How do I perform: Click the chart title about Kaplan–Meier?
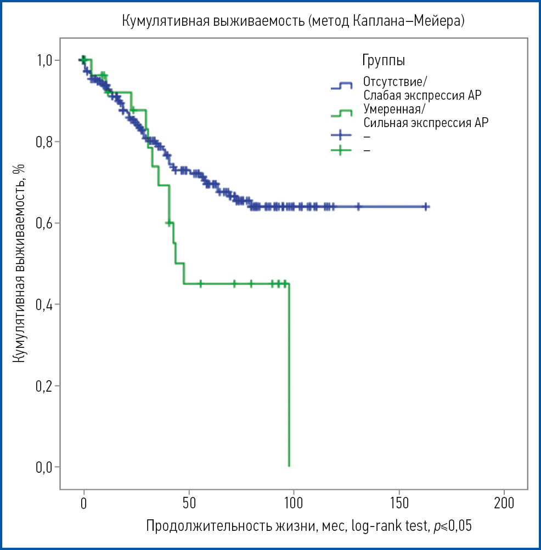(x=293, y=21)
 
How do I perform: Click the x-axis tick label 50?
(x=189, y=503)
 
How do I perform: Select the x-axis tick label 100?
(x=294, y=503)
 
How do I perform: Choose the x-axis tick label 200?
(x=503, y=503)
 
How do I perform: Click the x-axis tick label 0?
(x=84, y=503)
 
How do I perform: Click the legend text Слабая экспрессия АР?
(x=422, y=95)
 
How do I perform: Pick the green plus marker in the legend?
(x=341, y=150)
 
